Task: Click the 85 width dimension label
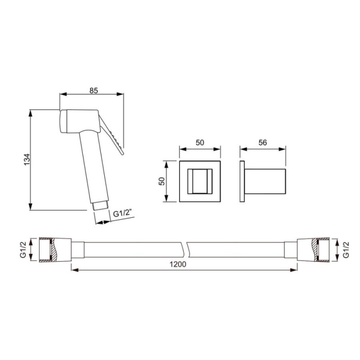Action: coord(94,90)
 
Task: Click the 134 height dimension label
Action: coord(27,159)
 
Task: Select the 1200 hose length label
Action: coord(178,264)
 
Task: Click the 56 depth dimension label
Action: coord(263,143)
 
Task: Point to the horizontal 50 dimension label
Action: coord(200,143)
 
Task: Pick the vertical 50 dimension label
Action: coord(162,181)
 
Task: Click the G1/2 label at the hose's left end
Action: coord(23,249)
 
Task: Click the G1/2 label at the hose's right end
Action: coord(346,249)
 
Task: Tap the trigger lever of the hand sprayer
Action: coord(112,136)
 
